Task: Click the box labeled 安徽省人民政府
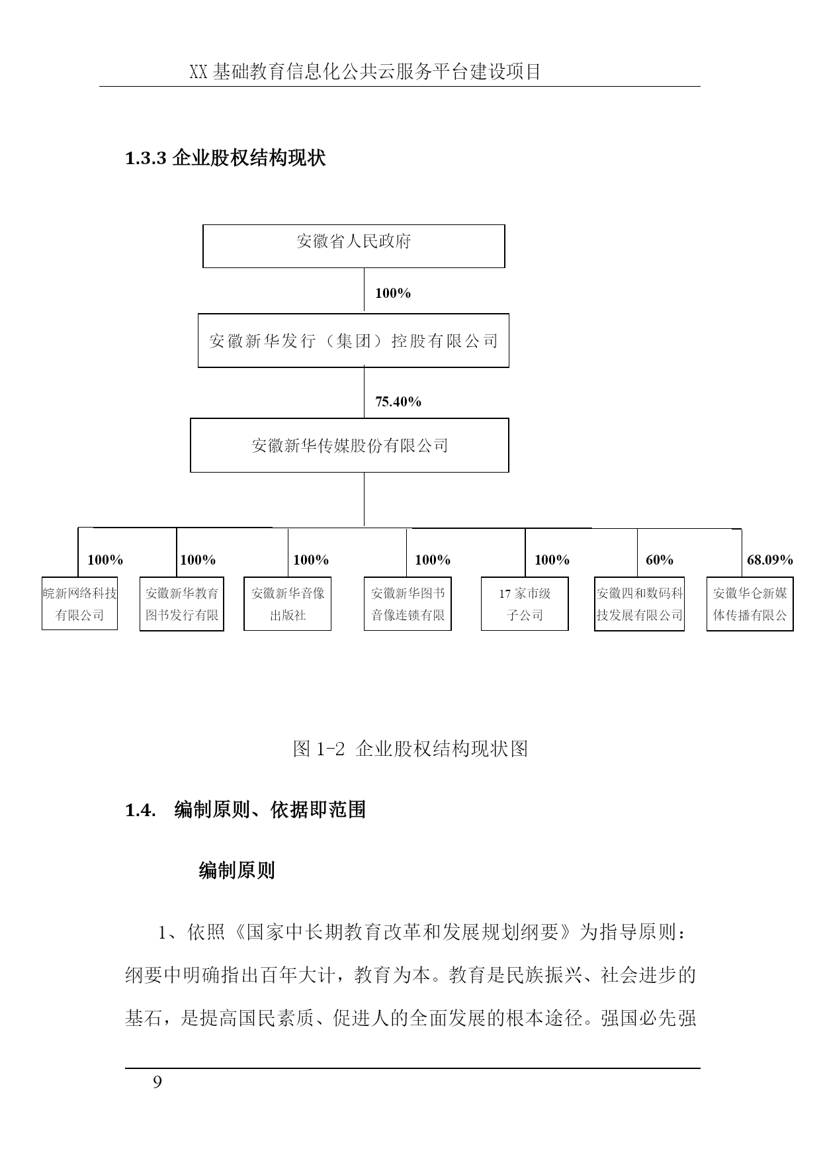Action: pos(353,246)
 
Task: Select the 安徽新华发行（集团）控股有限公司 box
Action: pos(353,341)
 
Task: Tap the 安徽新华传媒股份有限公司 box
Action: pos(349,445)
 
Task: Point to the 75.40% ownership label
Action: pos(398,402)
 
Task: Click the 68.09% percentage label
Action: pos(770,560)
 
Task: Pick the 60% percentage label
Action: pos(660,560)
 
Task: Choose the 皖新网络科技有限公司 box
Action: pos(79,604)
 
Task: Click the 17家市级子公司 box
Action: pos(525,604)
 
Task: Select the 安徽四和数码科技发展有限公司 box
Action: pos(639,604)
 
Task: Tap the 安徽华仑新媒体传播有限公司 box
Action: pos(750,604)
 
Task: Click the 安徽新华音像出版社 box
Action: pos(288,604)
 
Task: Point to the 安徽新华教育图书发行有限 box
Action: pos(182,604)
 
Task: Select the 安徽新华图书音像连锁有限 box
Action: pos(408,604)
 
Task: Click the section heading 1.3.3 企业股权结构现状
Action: pos(225,159)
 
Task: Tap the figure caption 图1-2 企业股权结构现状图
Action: pos(410,749)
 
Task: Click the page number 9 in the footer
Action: pos(157,1082)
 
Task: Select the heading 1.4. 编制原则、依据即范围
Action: pos(245,810)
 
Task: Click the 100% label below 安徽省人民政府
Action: pos(393,293)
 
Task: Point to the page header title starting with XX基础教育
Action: pos(365,71)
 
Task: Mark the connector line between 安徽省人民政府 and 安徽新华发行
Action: pos(364,291)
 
